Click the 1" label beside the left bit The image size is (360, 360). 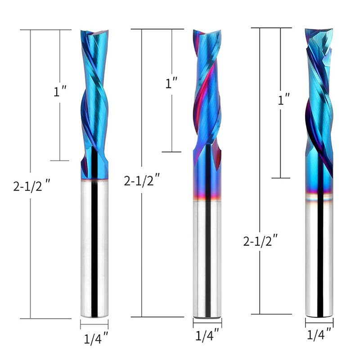pos(60,91)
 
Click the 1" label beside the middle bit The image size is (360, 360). pos(171,83)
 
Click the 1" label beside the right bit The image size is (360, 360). pos(284,99)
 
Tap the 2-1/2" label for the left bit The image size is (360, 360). pos(31,185)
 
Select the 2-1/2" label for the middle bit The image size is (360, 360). pos(142,180)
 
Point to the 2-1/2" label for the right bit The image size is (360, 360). pos(261,241)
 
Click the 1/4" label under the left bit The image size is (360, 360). pos(96,338)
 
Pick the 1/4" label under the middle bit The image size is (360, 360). pos(207,335)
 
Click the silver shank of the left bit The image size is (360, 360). pos(94,248)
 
